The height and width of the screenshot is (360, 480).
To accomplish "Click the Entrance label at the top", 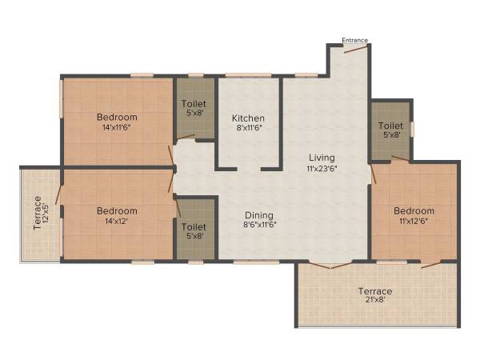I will tap(354, 40).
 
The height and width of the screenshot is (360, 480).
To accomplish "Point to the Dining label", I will tap(259, 215).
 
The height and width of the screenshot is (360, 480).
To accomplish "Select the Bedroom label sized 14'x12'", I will tap(118, 211).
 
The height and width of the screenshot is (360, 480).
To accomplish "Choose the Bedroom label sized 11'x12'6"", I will tap(414, 210).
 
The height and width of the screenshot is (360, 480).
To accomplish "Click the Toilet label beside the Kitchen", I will tap(194, 103).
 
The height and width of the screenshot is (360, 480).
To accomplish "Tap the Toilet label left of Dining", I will tap(194, 226).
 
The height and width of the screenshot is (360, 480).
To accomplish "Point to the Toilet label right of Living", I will tap(390, 126).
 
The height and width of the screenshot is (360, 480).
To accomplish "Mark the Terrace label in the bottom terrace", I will tap(374, 291).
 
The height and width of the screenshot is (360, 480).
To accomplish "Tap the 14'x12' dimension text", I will tap(118, 222).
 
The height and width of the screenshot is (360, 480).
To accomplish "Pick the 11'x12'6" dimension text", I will tap(414, 222).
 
